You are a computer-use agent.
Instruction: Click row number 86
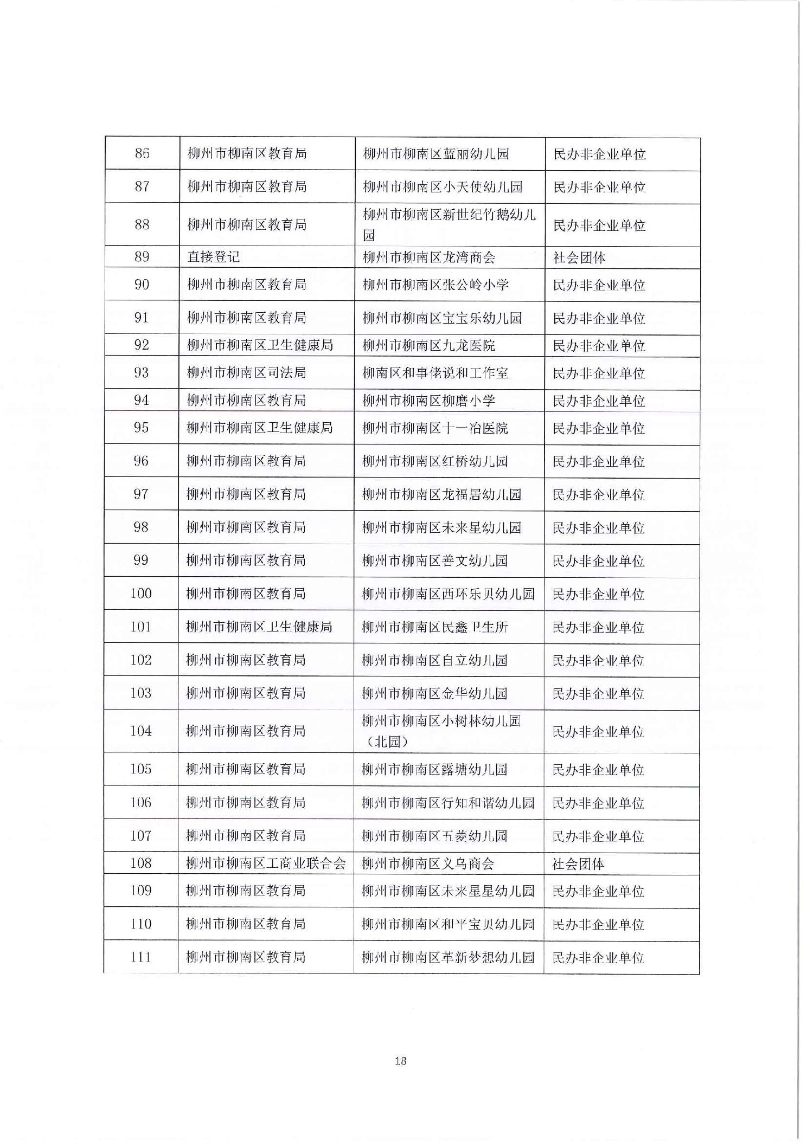(142, 153)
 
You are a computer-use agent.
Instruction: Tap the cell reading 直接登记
(213, 257)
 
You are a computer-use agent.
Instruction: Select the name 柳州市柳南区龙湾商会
(428, 257)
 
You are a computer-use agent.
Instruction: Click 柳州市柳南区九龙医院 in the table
(428, 345)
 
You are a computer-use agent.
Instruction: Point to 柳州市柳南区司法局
(246, 372)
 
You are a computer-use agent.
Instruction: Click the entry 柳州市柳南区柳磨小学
(428, 401)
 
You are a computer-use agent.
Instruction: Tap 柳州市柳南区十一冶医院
(435, 428)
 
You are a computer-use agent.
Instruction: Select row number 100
(141, 594)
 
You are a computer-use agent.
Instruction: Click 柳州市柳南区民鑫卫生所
(435, 627)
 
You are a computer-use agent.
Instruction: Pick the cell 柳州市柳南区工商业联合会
(266, 863)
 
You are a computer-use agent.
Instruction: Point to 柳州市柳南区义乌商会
(428, 863)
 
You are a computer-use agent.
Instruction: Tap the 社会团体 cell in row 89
(579, 257)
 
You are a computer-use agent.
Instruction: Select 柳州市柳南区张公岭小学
(435, 285)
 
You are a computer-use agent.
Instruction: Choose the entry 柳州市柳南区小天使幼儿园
(442, 187)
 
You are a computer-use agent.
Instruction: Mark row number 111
(140, 957)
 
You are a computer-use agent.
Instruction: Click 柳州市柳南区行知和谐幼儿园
(448, 803)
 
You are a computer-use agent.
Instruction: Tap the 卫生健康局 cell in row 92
(260, 345)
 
